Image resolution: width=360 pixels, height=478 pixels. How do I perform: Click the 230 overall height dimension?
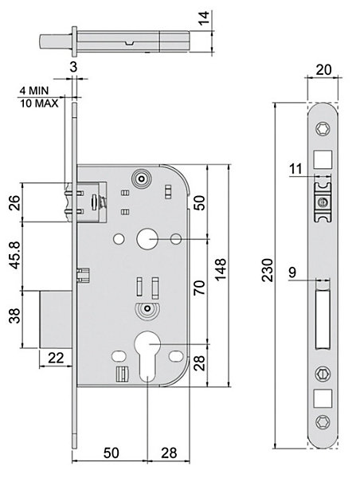tap(268, 270)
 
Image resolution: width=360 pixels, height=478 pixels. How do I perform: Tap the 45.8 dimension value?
tap(15, 255)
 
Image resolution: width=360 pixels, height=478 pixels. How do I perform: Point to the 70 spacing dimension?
tap(200, 288)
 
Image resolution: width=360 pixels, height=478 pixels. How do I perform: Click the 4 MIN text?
tap(34, 91)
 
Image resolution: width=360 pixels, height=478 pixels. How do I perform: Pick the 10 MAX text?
tap(39, 104)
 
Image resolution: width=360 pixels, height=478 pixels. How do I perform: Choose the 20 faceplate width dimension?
tap(323, 70)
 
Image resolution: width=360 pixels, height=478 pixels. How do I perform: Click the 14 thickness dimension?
tap(203, 18)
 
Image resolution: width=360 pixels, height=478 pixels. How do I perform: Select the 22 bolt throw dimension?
tap(56, 358)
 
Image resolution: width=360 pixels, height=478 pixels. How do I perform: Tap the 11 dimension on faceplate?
tap(295, 169)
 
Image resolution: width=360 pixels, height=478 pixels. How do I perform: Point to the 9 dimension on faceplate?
tap(292, 272)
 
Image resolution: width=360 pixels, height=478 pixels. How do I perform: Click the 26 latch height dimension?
tap(15, 202)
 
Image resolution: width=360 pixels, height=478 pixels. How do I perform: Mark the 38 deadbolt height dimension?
tap(15, 315)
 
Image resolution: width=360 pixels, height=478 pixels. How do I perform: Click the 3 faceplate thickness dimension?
tap(73, 67)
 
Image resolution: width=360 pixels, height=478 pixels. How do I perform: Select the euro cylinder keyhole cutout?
tap(147, 354)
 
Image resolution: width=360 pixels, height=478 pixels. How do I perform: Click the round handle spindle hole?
tap(147, 240)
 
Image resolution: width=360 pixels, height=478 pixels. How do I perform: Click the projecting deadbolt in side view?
tap(56, 319)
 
